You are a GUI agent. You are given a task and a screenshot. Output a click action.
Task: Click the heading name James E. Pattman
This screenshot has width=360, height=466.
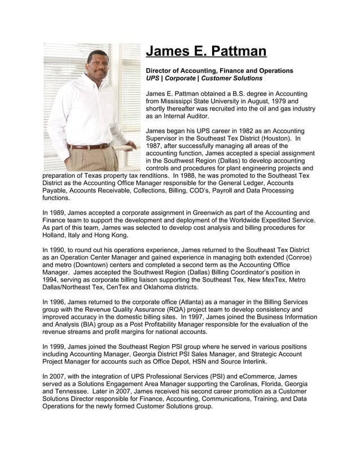pyautogui.click(x=206, y=51)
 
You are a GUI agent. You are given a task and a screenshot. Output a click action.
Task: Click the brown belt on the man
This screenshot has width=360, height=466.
pyautogui.click(x=89, y=146)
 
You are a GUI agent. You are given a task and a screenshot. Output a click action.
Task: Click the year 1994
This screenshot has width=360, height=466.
pyautogui.click(x=52, y=280)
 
